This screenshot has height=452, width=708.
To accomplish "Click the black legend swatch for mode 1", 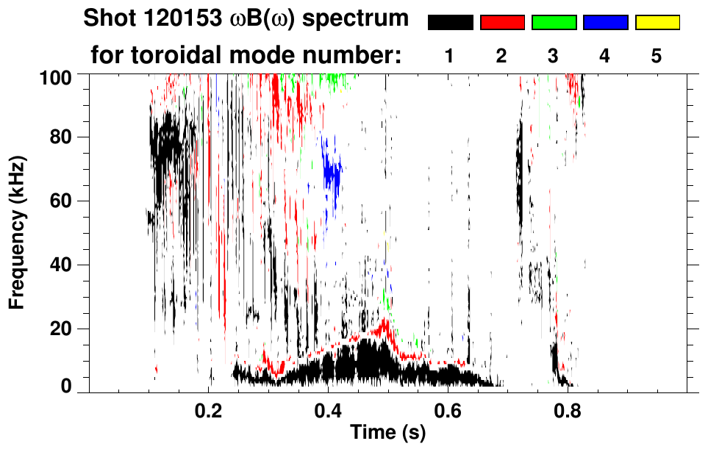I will (x=450, y=23).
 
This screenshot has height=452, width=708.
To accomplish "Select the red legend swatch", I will (x=502, y=23).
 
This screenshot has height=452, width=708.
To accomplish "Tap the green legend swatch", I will (x=554, y=23).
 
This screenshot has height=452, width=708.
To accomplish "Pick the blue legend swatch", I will (x=605, y=23).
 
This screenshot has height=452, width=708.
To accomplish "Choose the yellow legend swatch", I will (x=657, y=23).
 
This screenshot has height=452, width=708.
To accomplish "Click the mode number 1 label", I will (x=450, y=57).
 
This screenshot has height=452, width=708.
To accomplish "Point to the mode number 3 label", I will (x=554, y=57).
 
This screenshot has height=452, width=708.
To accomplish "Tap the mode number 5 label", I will (x=657, y=57).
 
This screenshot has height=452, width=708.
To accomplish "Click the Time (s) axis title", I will (x=387, y=433).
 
